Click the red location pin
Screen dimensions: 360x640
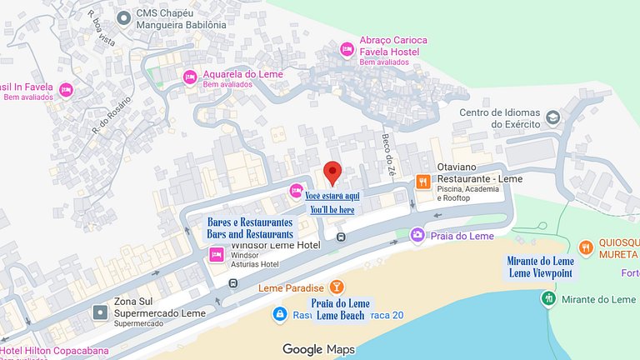pos(333,171)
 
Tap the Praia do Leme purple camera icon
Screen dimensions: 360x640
pos(417,235)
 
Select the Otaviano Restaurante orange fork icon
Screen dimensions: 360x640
pos(423,181)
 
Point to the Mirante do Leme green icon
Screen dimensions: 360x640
pos(548,298)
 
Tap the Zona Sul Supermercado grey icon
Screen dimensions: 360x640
pos(100,312)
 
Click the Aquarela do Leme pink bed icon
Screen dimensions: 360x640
pos(189,77)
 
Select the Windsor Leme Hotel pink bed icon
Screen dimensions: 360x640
pos(216,255)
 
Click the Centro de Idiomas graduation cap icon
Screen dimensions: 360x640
pos(552,118)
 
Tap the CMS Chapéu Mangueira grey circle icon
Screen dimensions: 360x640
pos(123,17)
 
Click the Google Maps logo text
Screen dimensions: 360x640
pos(317,349)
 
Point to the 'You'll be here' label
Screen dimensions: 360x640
pos(332,210)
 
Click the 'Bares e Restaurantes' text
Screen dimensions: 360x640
pos(250,222)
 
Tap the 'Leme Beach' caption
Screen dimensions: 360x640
pos(340,315)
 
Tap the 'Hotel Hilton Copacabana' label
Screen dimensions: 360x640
pos(55,351)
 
